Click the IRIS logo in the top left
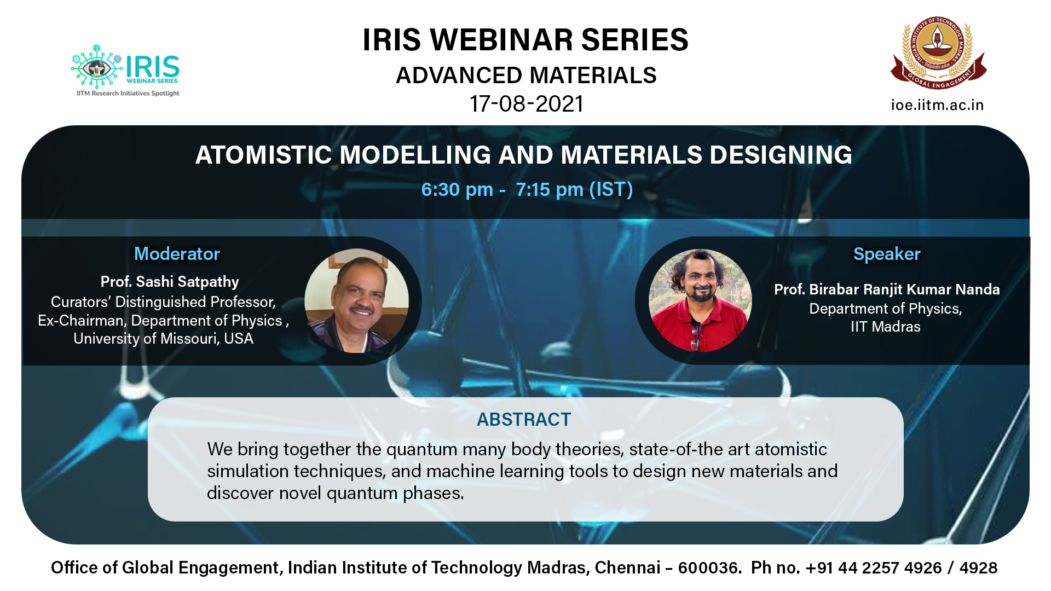[x=125, y=71]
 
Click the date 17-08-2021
[x=527, y=104]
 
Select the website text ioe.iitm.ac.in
[x=937, y=105]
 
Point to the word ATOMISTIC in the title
[x=263, y=155]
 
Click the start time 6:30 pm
[x=457, y=189]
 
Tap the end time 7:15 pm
[x=550, y=189]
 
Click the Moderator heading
[x=177, y=254]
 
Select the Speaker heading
[x=887, y=254]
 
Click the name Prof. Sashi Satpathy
[x=170, y=282]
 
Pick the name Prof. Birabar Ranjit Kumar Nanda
[x=887, y=289]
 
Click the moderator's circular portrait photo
[x=356, y=300]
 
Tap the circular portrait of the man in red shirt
[x=700, y=300]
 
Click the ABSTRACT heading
[x=524, y=420]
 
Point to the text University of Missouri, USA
[x=163, y=339]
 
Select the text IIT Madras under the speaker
[x=886, y=327]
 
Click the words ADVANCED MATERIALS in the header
[x=526, y=76]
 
